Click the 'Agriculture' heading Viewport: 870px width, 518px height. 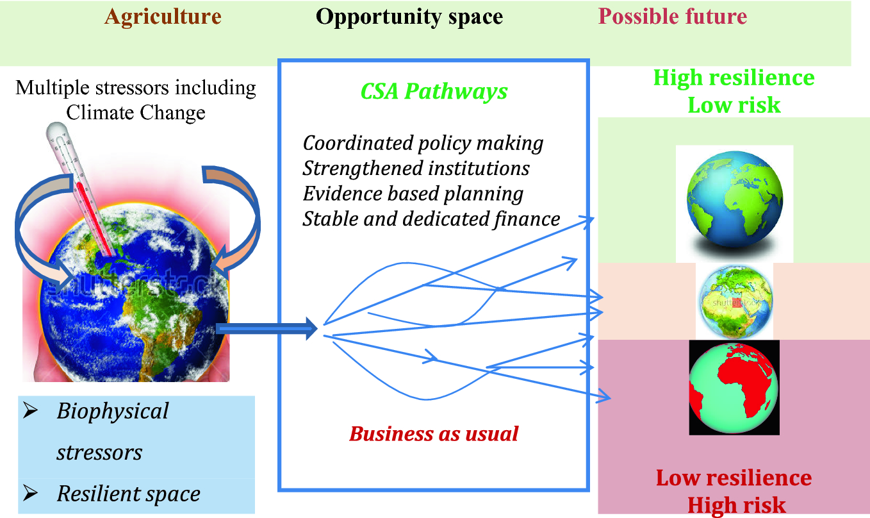[x=163, y=17]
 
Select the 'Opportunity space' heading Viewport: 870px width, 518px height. [x=409, y=17]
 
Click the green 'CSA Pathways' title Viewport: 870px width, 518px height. [x=434, y=92]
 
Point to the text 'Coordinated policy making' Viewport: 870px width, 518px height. [x=423, y=143]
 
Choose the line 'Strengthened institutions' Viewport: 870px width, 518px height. [x=416, y=169]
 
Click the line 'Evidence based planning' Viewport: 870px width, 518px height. [x=413, y=194]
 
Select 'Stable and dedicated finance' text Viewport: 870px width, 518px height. [x=431, y=219]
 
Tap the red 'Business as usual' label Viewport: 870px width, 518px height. [x=434, y=434]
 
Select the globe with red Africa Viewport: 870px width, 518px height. [x=734, y=387]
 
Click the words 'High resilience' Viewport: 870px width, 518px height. [x=734, y=78]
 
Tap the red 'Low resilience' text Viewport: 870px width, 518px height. [x=734, y=478]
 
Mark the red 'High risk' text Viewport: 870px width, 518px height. [x=736, y=505]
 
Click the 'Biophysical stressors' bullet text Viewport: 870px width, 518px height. [x=112, y=431]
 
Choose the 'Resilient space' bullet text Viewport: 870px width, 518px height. [x=128, y=494]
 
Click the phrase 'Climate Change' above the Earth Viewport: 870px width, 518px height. [x=136, y=112]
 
